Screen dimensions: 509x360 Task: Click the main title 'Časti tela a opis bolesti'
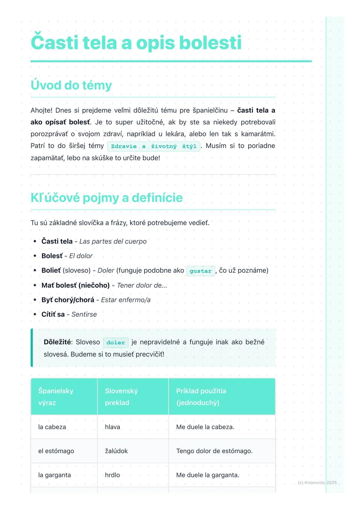point(136,43)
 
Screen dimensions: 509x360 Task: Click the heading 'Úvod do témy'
point(71,85)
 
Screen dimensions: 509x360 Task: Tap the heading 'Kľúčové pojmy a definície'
point(107,198)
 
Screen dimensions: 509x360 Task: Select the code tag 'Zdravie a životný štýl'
point(154,146)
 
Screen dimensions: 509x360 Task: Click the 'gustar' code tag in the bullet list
point(200,271)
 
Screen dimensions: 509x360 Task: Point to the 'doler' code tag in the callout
point(116,342)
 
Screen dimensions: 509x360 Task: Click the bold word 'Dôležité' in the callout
point(57,342)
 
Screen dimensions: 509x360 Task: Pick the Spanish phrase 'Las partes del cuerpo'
point(113,242)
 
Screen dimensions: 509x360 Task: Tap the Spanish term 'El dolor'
point(81,256)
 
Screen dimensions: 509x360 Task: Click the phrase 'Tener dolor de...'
point(142,285)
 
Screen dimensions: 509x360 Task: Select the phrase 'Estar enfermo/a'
point(126,300)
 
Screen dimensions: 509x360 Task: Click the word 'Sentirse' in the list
point(84,314)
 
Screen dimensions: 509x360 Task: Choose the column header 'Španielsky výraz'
point(56,397)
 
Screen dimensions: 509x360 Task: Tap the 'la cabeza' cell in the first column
point(52,427)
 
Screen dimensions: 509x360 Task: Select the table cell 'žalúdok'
point(116,451)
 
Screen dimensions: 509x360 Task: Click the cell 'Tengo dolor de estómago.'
point(214,451)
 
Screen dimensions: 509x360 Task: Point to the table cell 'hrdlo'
point(112,475)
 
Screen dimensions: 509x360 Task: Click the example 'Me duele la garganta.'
point(208,475)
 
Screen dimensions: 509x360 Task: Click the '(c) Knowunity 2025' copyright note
point(317,483)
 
